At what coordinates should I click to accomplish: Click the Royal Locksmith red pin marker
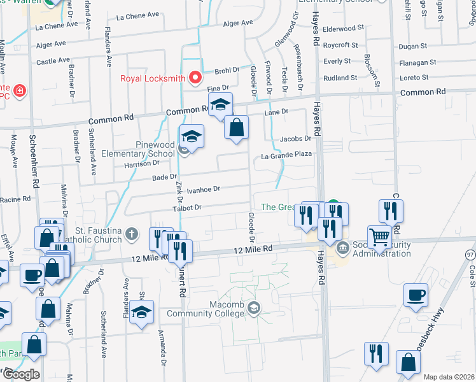coord(195,78)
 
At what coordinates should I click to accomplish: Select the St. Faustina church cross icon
coord(132,234)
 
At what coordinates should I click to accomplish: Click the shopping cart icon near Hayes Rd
coord(380,237)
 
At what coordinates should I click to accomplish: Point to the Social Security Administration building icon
coord(342,247)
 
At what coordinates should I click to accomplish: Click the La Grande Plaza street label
coord(286,155)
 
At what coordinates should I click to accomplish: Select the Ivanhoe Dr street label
coord(202,189)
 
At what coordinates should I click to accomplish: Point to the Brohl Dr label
coord(226,70)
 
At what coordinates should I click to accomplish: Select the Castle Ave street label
coord(53,61)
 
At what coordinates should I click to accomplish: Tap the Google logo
coord(20,374)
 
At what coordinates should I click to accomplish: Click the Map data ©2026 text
coord(448,377)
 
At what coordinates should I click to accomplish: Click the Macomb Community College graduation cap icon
coord(254,309)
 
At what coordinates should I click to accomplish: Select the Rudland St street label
coord(340,78)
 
